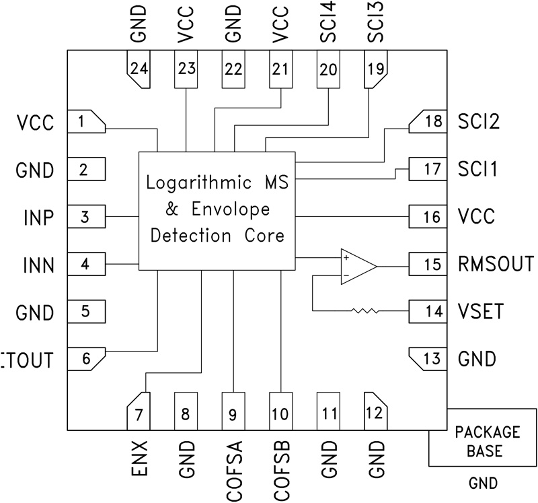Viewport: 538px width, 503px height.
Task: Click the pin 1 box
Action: click(87, 122)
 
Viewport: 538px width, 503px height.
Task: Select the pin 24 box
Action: click(139, 69)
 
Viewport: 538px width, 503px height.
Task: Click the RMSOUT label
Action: click(495, 263)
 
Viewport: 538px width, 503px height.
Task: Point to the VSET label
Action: click(483, 311)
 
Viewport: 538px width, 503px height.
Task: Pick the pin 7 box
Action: click(139, 411)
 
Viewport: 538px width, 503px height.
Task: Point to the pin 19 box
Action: click(375, 69)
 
